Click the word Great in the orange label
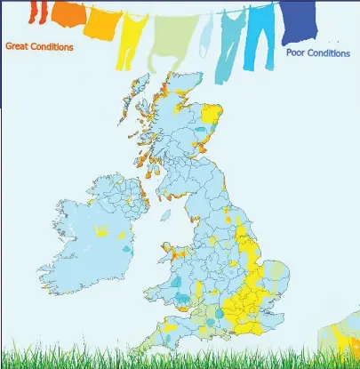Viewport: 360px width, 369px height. pyautogui.click(x=18, y=46)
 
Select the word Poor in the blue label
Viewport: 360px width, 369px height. pyautogui.click(x=295, y=52)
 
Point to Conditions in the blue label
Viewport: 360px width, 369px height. pyautogui.click(x=330, y=52)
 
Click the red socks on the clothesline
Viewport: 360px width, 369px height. pyautogui.click(x=39, y=12)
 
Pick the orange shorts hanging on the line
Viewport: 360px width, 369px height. pyautogui.click(x=68, y=13)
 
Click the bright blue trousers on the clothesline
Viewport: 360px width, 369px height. pyautogui.click(x=261, y=31)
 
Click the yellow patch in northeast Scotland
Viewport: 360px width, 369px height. pyautogui.click(x=212, y=115)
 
